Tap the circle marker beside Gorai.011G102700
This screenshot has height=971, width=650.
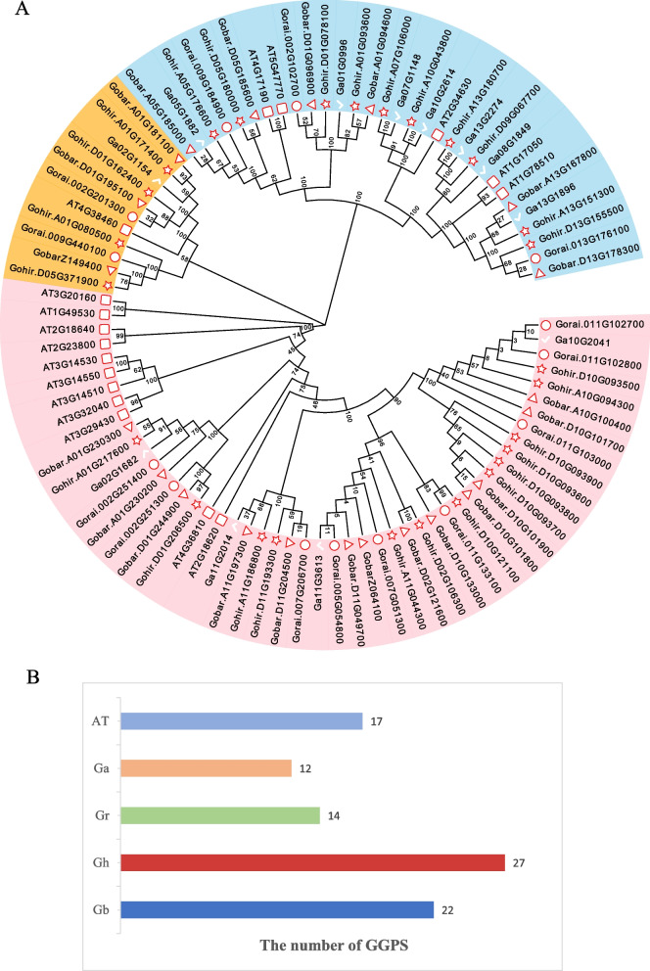[545, 324]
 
